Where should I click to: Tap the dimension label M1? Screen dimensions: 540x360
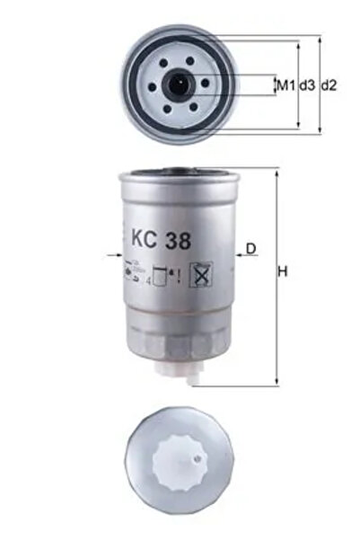284,85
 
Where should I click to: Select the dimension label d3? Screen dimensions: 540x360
306,85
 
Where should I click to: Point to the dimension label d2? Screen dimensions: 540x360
329,85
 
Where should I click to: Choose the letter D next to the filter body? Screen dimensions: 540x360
251,247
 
